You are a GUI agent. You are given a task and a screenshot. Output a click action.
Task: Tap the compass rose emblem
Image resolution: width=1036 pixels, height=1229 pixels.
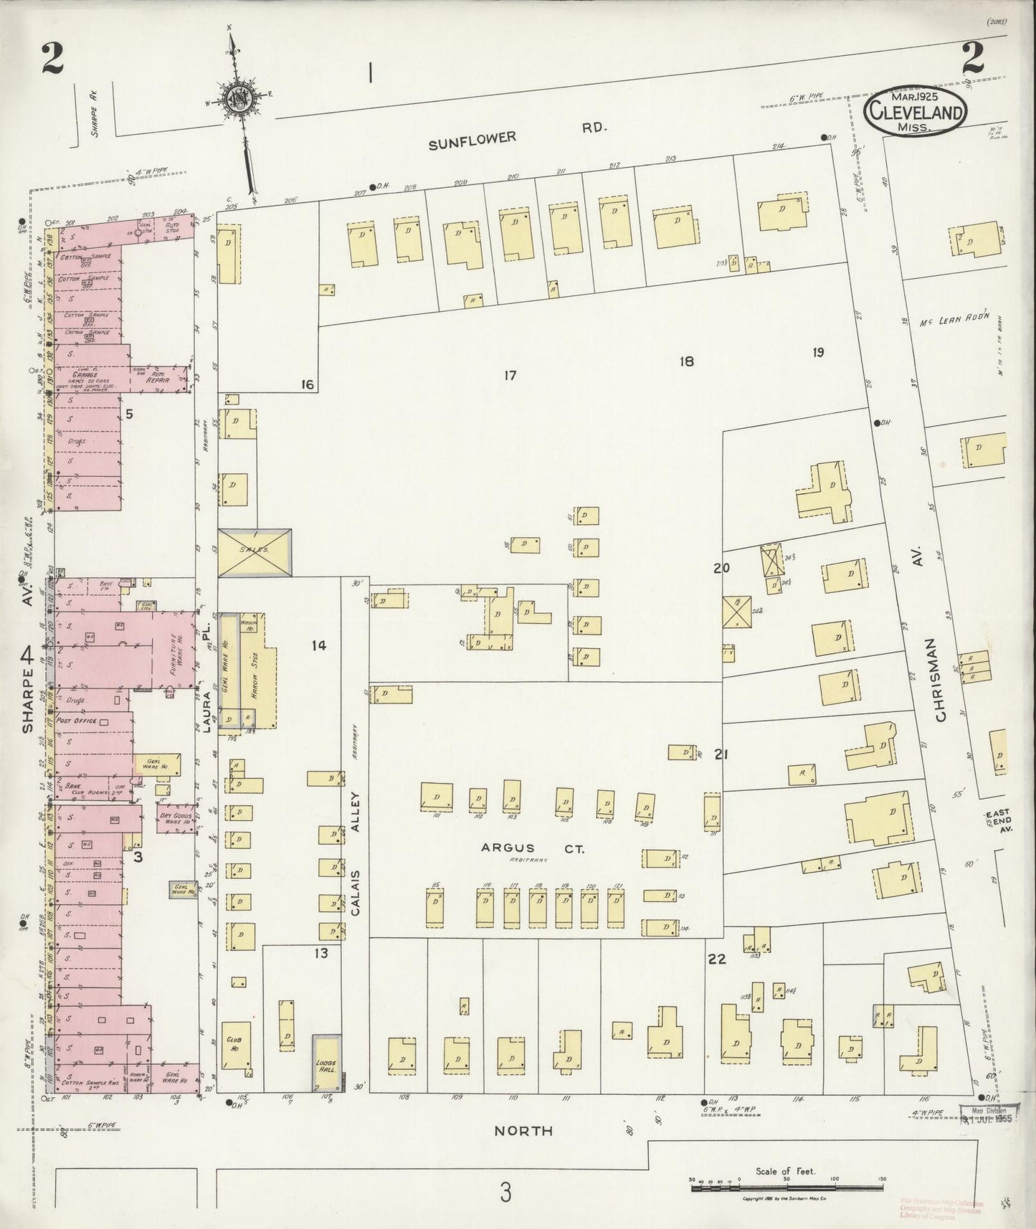(235, 99)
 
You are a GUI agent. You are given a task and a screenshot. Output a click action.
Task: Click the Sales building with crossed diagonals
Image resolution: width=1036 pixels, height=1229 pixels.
(255, 552)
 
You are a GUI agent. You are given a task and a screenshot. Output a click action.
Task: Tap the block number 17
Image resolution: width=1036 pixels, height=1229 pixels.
(509, 375)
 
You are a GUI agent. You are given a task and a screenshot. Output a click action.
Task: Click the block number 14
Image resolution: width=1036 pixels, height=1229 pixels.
(318, 645)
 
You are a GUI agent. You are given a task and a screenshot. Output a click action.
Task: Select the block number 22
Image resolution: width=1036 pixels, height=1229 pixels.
(716, 959)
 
